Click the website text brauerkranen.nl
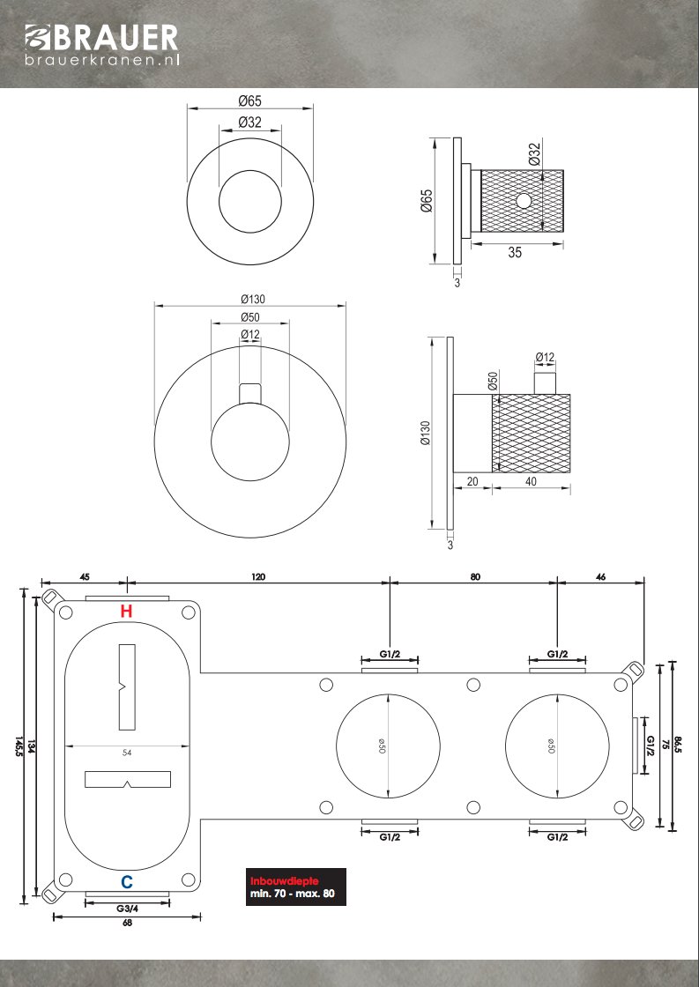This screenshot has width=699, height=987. click(x=100, y=60)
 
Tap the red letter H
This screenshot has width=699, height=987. click(x=127, y=611)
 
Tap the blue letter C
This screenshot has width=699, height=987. click(x=127, y=881)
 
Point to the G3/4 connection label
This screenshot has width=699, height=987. click(x=126, y=908)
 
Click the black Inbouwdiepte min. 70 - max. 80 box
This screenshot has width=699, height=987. click(x=295, y=887)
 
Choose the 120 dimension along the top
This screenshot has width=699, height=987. click(x=257, y=577)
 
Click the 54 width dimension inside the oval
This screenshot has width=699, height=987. click(x=128, y=753)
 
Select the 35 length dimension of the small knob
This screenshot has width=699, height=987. click(x=515, y=252)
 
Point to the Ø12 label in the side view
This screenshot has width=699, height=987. click(x=546, y=357)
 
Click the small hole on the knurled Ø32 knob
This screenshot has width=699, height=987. click(x=524, y=200)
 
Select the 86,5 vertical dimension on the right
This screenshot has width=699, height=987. click(x=678, y=746)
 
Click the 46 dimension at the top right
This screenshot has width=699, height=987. click(x=600, y=577)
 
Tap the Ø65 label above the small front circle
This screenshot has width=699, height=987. click(x=250, y=100)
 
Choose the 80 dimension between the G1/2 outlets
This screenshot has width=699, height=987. click(x=474, y=577)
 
